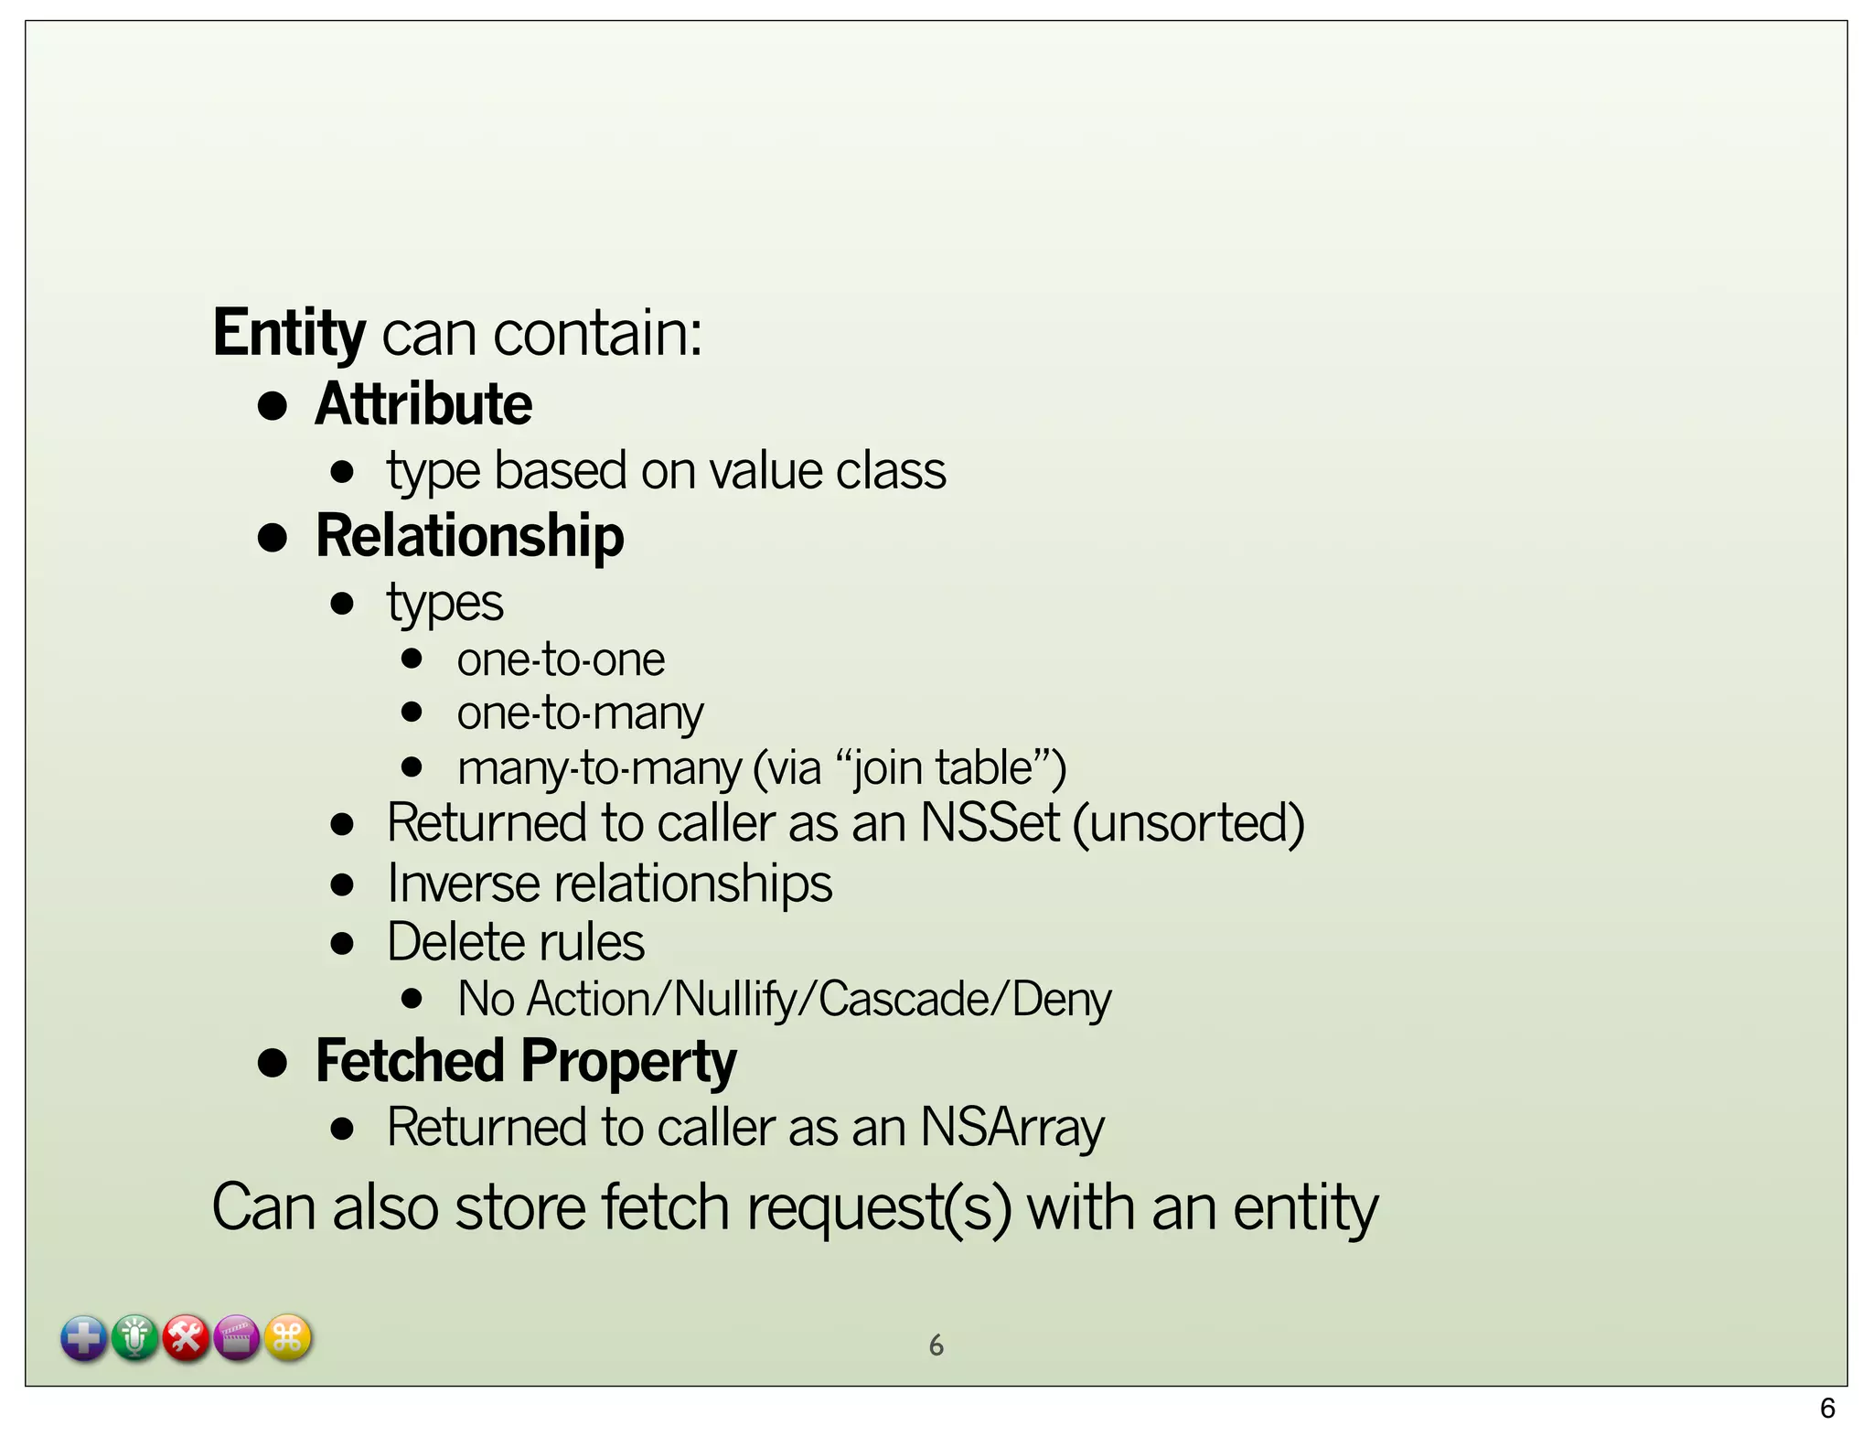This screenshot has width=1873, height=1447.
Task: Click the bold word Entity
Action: coord(289,333)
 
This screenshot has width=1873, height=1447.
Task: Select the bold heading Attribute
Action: coord(423,404)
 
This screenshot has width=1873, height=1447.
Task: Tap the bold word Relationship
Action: coord(469,536)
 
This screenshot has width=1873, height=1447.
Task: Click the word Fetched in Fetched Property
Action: coord(410,1061)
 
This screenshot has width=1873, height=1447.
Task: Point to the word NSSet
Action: coord(990,822)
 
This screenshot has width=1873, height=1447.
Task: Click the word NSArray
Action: coord(1012,1127)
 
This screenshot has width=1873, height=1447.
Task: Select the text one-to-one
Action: coord(561,659)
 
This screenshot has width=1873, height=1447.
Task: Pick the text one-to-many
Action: coord(580,713)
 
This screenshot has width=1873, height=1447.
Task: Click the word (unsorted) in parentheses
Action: coord(1188,822)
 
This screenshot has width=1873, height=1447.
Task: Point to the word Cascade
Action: coord(904,999)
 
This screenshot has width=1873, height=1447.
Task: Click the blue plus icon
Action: coord(84,1339)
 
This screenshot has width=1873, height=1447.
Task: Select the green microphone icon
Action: coord(135,1339)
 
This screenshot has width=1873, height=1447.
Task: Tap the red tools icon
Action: coord(187,1339)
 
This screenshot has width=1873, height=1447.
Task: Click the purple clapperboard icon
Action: coord(237,1339)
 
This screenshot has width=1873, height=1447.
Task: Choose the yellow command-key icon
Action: coord(288,1339)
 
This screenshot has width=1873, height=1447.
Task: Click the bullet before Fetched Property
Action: coord(273,1063)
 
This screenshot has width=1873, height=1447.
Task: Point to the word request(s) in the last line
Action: coord(879,1208)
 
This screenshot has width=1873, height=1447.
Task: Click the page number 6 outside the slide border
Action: coord(1827,1409)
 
